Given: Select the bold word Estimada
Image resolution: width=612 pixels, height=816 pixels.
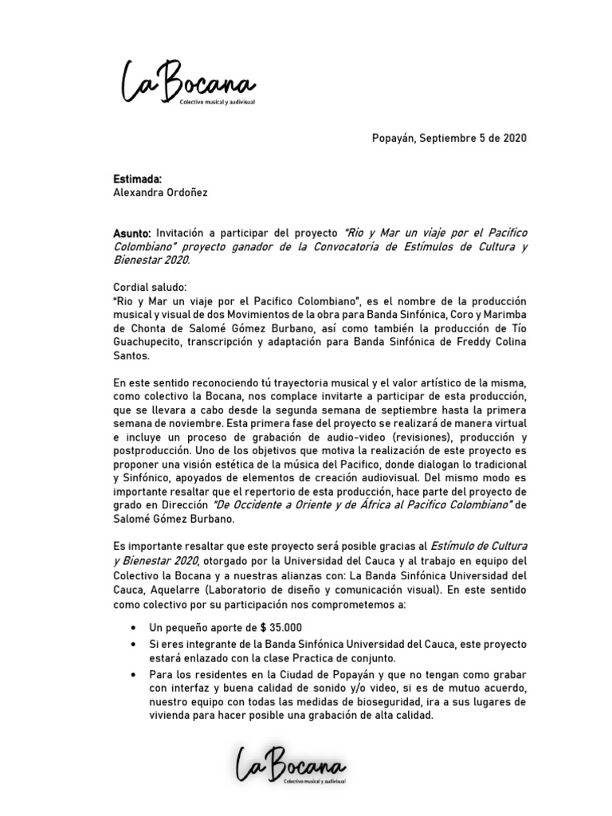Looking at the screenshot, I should tap(139, 179).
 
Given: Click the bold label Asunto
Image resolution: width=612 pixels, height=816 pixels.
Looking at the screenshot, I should tap(132, 233).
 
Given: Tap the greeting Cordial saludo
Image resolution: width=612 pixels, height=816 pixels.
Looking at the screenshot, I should tap(150, 287).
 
